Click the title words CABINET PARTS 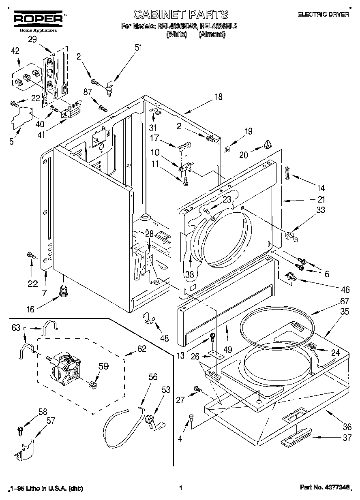[x=180, y=15]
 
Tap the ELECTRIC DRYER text [x=323, y=15]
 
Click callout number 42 [x=15, y=51]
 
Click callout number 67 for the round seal [x=333, y=301]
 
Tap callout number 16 [x=30, y=310]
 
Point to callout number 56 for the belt [x=152, y=377]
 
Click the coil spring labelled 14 [x=287, y=172]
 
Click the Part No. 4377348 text [x=324, y=488]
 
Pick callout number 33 [x=320, y=210]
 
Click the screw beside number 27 [x=197, y=389]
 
